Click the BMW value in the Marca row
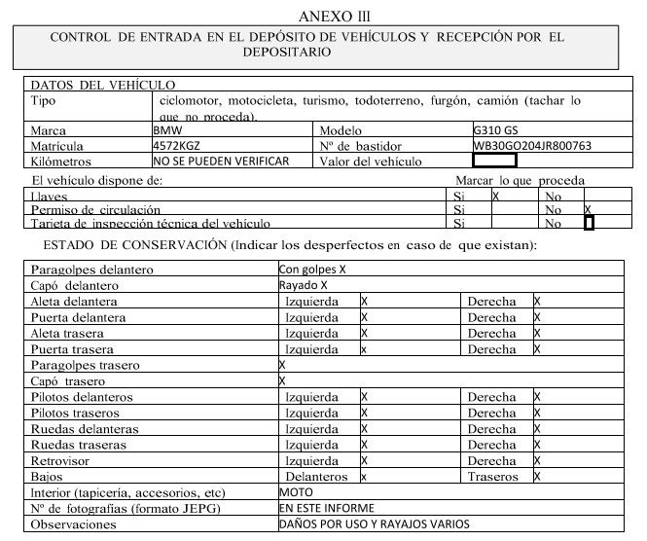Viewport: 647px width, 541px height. [166, 129]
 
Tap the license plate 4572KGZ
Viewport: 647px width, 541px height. [176, 145]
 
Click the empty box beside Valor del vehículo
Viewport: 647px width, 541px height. [507, 161]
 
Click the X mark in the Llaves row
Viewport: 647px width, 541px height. [496, 196]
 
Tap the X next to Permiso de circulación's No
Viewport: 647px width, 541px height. [588, 209]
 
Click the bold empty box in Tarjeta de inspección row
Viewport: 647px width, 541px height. [588, 223]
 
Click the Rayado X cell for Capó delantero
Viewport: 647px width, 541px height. [303, 285]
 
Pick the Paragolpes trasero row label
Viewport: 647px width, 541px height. [86, 365]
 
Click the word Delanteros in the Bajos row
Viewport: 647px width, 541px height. [317, 477]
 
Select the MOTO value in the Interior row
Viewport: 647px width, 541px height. [295, 492]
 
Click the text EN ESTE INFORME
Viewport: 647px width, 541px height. [326, 508]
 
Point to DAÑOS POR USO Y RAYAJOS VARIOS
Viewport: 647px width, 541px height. [374, 523]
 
